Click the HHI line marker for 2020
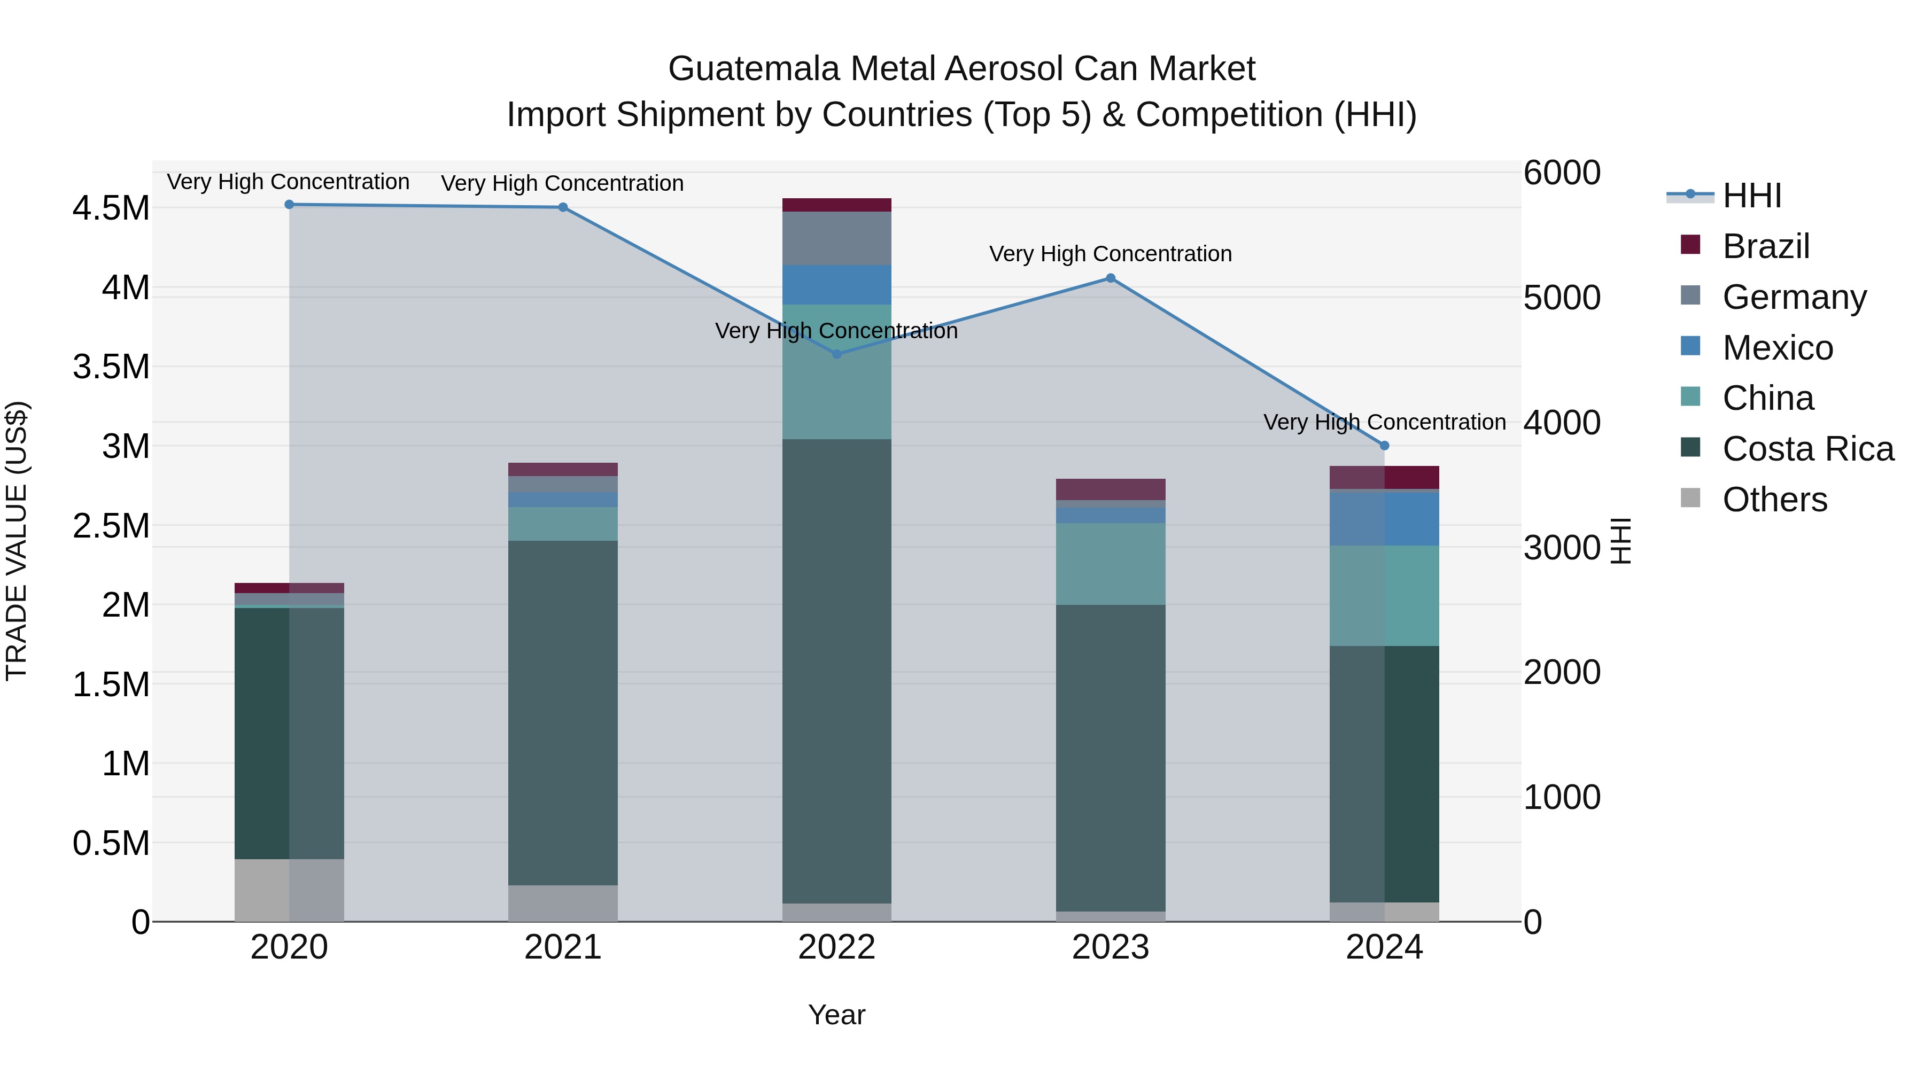[x=289, y=205]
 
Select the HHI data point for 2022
[x=836, y=354]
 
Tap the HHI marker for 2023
[x=1110, y=278]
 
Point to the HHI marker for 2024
[x=1384, y=446]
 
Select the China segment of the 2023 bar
[x=1110, y=564]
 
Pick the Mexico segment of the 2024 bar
[x=1384, y=519]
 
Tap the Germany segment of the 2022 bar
[x=836, y=238]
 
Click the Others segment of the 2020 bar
[x=289, y=890]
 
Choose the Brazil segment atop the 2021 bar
[x=562, y=470]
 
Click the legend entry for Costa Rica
[x=1807, y=449]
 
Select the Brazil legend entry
[x=1766, y=246]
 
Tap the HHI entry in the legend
[x=1751, y=196]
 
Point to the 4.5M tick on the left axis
[x=111, y=208]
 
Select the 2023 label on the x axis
[x=1110, y=947]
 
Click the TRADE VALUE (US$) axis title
[x=17, y=541]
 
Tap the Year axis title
[x=836, y=1015]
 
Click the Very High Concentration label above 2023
[x=1110, y=254]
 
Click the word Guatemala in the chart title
[x=754, y=69]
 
